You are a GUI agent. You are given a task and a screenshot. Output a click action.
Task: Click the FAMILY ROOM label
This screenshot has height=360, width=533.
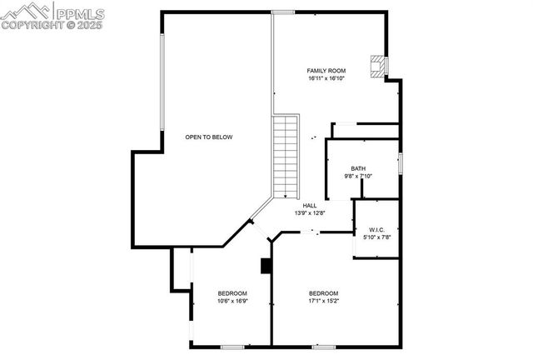point(326,70)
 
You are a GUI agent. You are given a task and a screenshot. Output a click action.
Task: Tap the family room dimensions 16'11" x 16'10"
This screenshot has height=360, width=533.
point(326,78)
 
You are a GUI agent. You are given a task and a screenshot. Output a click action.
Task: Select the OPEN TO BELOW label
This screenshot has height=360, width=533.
point(209,137)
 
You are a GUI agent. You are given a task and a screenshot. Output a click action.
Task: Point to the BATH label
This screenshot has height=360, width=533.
point(358,168)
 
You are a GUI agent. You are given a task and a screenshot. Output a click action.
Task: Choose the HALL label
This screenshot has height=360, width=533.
point(310,205)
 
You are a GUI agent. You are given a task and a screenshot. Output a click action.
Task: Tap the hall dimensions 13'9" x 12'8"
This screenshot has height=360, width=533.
point(309,213)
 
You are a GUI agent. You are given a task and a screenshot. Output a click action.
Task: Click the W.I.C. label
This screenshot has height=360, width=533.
point(376,229)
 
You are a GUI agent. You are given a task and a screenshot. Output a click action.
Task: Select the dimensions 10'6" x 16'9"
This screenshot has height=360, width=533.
point(232,301)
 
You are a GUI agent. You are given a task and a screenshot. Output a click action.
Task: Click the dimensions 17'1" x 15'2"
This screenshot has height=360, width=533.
point(323,301)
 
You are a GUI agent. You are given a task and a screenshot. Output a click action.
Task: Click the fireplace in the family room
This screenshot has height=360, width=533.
point(379,67)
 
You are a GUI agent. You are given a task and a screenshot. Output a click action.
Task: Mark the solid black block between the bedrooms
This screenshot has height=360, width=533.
point(266,266)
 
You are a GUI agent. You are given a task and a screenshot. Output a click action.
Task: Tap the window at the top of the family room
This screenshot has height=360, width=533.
point(284,12)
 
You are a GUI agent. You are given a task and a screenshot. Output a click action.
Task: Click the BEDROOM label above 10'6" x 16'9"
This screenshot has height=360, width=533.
point(232,292)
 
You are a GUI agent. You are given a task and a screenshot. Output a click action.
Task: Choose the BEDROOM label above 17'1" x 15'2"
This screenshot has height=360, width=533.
point(323,292)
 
